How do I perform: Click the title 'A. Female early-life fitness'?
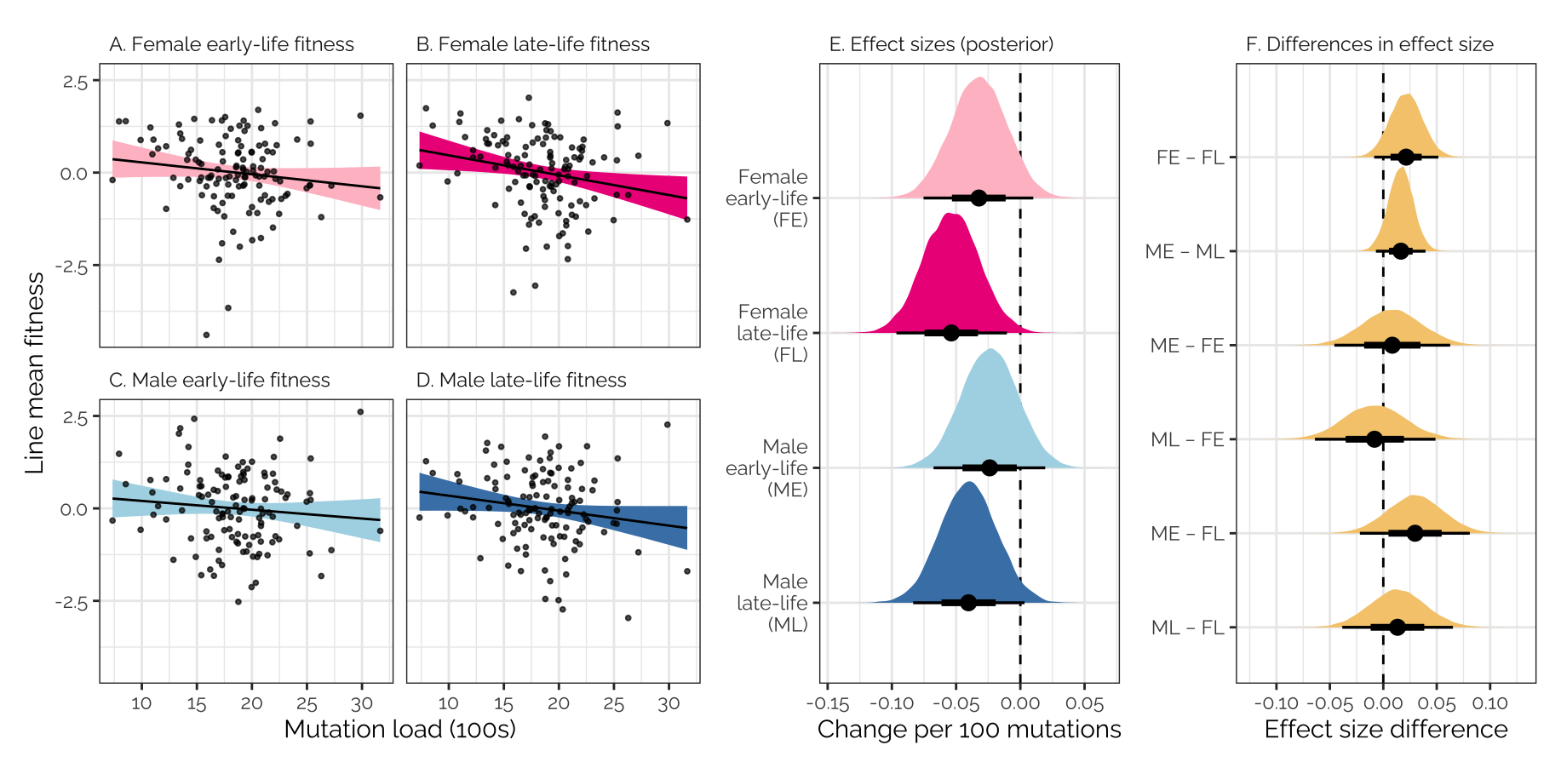[232, 44]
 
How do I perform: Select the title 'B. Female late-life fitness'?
[532, 44]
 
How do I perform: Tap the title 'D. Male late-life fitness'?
[521, 380]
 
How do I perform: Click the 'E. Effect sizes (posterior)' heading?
[941, 44]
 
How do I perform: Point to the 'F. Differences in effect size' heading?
[1369, 44]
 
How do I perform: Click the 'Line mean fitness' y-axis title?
[34, 373]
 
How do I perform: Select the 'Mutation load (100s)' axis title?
[399, 730]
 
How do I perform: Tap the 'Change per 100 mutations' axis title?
[969, 730]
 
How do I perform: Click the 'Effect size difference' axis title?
[1386, 730]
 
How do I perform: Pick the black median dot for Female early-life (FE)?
[978, 198]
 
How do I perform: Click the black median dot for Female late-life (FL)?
[951, 332]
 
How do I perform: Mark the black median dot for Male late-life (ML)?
[968, 602]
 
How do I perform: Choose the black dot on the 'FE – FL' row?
[1406, 157]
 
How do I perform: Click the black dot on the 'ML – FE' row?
[1374, 439]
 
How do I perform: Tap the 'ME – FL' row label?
[1187, 534]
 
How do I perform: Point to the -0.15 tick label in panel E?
[828, 704]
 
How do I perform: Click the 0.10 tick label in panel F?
[1489, 704]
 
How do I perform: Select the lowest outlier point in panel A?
[206, 335]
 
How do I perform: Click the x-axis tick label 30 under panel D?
[669, 704]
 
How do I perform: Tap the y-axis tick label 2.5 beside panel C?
[76, 417]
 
